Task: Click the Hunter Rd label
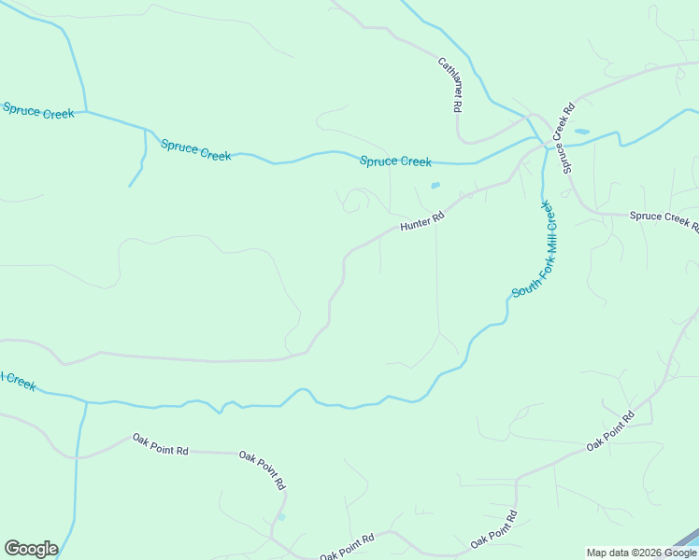coord(421,221)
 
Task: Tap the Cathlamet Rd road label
coord(450,85)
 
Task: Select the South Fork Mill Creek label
coord(535,250)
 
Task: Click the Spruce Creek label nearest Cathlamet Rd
coord(396,161)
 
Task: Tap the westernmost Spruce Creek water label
coord(38,111)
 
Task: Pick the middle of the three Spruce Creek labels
coord(195,150)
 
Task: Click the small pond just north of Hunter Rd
coord(435,186)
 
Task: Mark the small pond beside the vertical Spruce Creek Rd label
coord(581,132)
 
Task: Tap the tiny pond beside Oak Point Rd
coord(281,516)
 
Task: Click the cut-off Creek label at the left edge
coord(18,381)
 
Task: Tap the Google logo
coord(31,548)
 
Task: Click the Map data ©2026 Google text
coord(641,553)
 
